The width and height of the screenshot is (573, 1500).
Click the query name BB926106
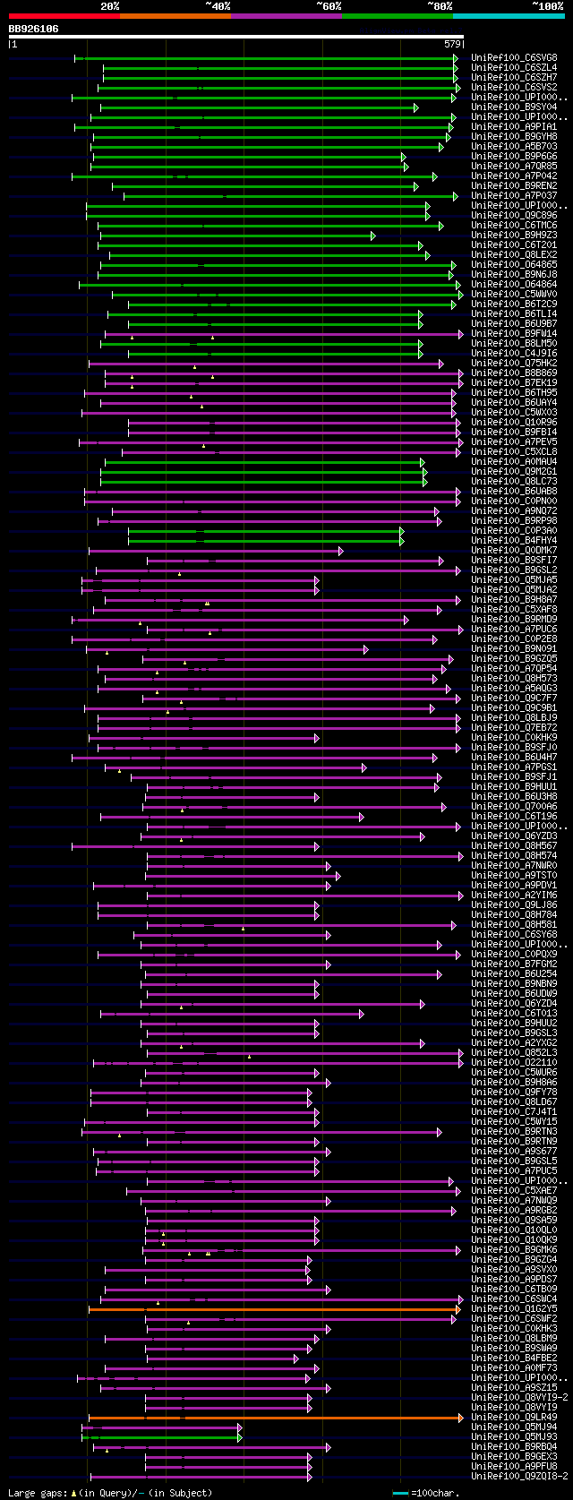pos(33,29)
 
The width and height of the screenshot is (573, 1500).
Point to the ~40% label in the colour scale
pos(218,6)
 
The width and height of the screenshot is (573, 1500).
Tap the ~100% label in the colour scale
pos(547,6)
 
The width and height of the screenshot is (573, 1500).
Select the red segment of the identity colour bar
pos(64,16)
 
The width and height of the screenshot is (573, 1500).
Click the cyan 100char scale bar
pos(400,1493)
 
